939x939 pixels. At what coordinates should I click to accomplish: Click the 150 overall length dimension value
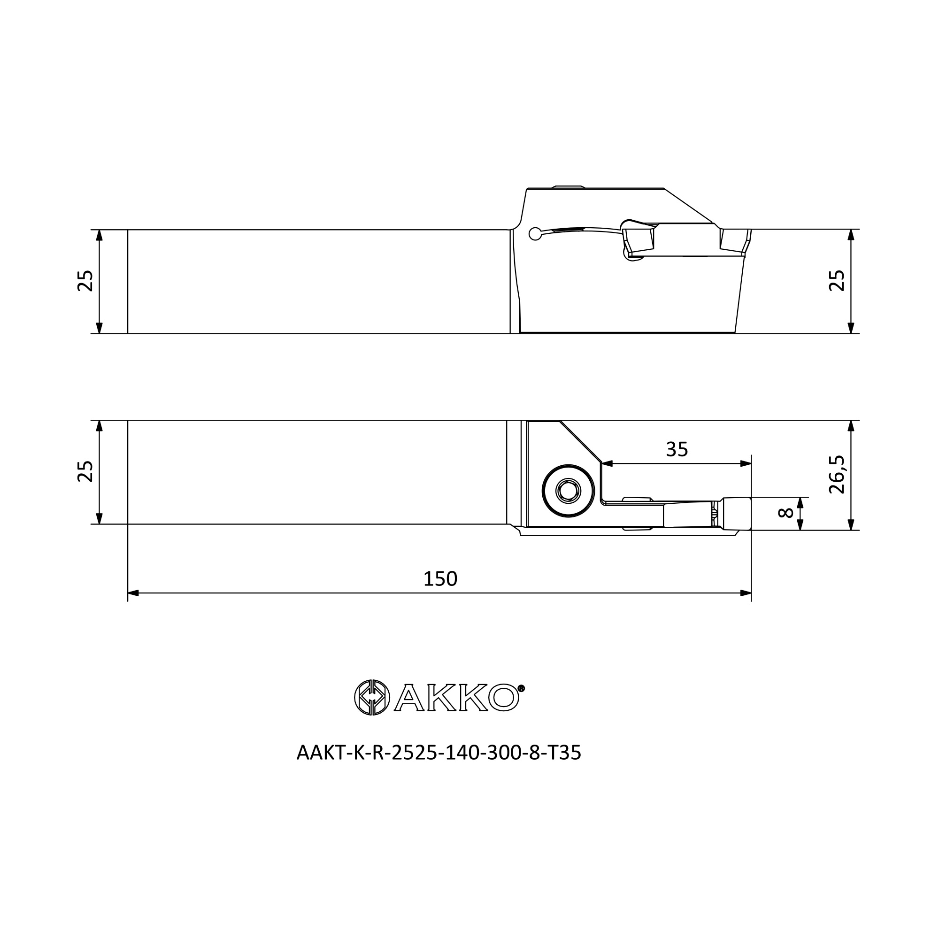(x=440, y=579)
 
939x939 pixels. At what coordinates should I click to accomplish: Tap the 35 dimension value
(x=677, y=450)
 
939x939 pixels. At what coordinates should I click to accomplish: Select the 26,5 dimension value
(x=837, y=475)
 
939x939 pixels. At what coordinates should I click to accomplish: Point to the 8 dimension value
(x=786, y=513)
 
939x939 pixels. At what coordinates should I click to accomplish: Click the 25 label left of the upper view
(x=85, y=280)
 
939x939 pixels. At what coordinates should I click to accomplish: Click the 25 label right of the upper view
(x=837, y=280)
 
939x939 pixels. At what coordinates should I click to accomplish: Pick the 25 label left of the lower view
(x=85, y=471)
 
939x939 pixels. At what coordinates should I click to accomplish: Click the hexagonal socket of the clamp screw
(x=568, y=492)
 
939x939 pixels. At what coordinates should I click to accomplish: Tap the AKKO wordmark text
(x=456, y=698)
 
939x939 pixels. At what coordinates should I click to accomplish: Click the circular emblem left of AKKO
(x=372, y=698)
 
